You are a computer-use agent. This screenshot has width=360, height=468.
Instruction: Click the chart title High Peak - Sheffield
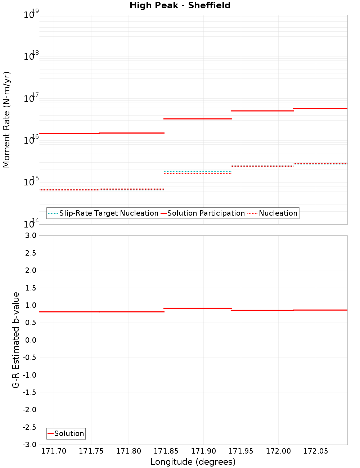point(180,6)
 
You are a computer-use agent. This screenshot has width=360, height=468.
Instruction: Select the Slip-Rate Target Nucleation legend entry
point(108,213)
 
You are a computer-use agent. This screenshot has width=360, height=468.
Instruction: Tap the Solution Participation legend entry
point(206,213)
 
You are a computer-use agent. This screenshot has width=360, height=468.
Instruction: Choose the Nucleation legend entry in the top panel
point(278,213)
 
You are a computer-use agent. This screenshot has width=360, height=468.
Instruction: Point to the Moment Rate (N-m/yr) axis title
point(7,120)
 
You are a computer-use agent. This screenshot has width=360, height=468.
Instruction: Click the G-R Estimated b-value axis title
point(16,340)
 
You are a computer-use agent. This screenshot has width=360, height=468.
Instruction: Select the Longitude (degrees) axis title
point(193,462)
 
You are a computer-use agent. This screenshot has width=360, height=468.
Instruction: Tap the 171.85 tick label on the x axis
point(166,451)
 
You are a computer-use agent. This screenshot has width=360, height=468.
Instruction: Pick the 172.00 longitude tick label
point(278,451)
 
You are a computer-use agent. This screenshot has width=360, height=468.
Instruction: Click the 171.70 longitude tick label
point(54,451)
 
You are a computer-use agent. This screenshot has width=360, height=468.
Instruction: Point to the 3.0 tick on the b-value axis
point(30,236)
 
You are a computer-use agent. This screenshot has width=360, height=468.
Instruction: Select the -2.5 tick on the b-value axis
point(30,427)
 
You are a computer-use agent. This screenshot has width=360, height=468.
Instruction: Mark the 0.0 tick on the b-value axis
point(30,340)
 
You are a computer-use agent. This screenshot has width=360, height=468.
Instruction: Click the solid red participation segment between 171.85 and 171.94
point(198,119)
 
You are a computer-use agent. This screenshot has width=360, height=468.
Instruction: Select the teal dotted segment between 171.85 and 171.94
point(198,171)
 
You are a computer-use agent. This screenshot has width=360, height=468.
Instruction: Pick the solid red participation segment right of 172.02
point(320,108)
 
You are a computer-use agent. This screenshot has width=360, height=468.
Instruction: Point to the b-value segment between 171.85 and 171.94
point(198,308)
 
